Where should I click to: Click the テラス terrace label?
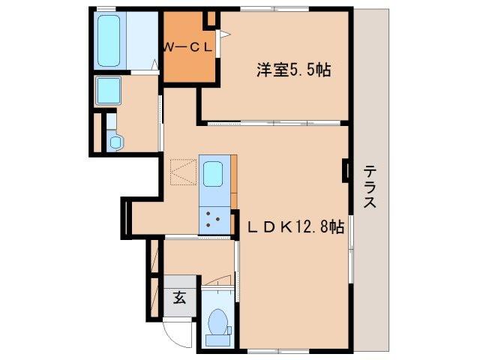370,187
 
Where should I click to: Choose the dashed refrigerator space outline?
181,172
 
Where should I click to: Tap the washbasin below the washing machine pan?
115,140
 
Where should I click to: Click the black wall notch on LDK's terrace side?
346,170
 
